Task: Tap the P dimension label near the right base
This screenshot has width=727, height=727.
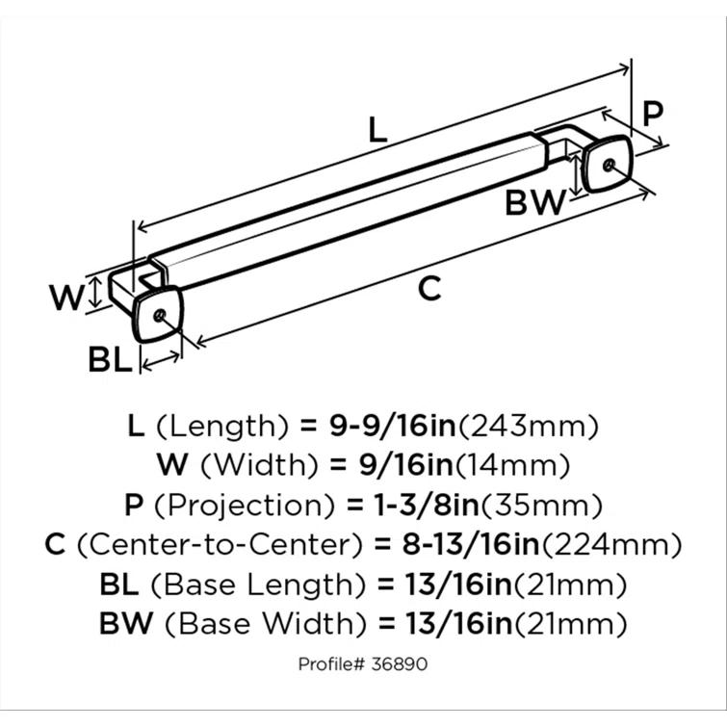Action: [652, 114]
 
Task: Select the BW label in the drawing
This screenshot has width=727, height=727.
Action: [534, 203]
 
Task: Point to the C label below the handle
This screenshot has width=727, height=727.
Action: [429, 287]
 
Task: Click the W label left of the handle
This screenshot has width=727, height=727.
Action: [68, 298]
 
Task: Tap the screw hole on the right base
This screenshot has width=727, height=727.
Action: [605, 163]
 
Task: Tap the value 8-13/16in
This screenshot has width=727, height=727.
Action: [457, 544]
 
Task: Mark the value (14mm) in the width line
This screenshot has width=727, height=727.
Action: [510, 465]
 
